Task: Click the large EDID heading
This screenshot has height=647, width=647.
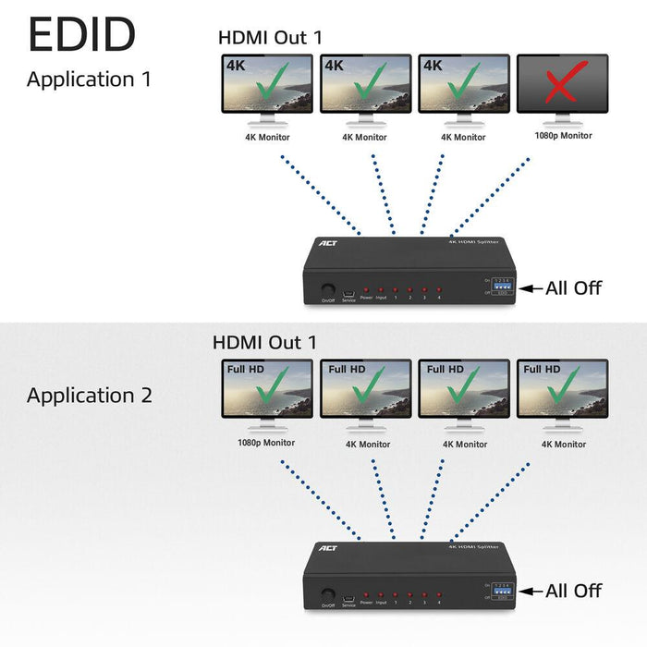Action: tap(82, 33)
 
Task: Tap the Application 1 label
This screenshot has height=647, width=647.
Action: tap(89, 79)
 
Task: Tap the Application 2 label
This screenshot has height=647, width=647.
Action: tap(89, 396)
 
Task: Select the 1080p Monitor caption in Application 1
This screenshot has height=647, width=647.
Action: tap(562, 136)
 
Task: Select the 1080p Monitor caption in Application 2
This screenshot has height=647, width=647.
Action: tap(266, 443)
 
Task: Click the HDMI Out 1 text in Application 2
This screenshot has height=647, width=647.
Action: tap(264, 342)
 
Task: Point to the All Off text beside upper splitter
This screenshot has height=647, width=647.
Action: tap(573, 287)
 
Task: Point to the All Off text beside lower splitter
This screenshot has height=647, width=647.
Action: tap(573, 591)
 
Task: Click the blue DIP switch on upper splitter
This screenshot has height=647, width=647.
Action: tap(503, 287)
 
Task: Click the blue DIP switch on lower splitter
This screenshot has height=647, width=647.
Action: tap(503, 590)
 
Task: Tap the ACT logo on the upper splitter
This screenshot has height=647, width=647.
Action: tap(328, 245)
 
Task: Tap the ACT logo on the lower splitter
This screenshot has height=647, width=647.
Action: tap(328, 548)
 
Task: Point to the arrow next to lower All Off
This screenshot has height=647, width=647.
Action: tap(531, 592)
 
